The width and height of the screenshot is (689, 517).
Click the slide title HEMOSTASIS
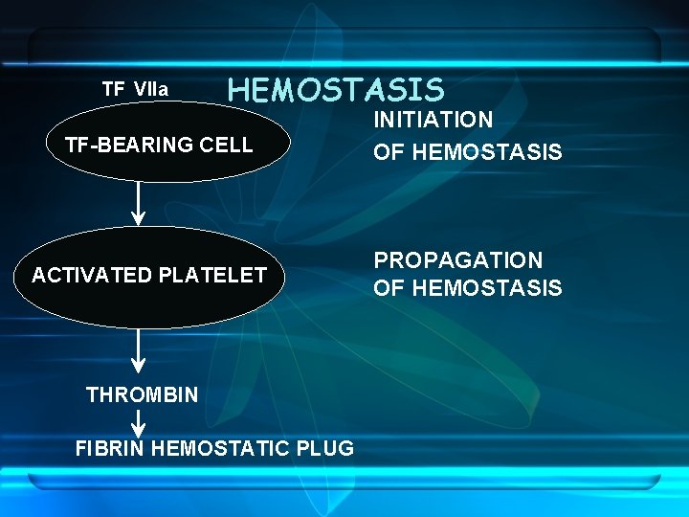coord(336,90)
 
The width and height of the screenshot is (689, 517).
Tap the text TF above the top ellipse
coord(113,89)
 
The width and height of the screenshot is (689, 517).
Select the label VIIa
coord(151,90)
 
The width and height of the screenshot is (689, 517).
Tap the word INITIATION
coord(433,121)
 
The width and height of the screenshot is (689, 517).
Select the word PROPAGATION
coord(457,260)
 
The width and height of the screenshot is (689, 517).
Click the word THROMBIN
coord(143,394)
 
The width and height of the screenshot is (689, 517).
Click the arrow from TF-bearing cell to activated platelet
coord(139,203)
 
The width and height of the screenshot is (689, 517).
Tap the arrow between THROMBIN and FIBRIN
coord(139,422)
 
